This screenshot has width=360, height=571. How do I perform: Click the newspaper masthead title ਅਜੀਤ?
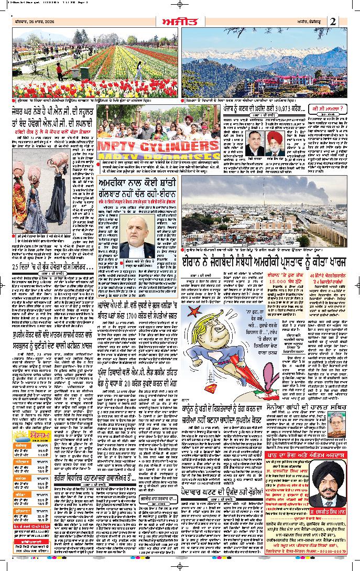[x=179, y=21]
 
